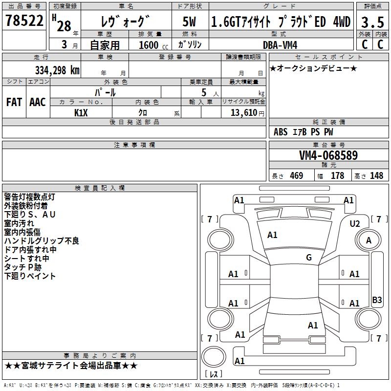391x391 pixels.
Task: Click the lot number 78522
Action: [24, 21]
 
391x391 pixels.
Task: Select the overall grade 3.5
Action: [372, 22]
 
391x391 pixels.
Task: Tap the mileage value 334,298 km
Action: [57, 70]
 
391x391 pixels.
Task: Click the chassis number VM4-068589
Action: [328, 155]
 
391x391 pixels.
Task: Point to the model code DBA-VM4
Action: [280, 45]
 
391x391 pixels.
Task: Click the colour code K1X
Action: [81, 113]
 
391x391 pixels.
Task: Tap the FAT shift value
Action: [14, 102]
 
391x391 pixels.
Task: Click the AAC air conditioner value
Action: [38, 102]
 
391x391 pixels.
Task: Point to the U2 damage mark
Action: [355, 224]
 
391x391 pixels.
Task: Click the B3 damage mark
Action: [377, 300]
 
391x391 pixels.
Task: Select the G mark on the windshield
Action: [309, 257]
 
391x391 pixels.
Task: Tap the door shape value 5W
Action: [189, 22]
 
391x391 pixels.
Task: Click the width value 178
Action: [337, 175]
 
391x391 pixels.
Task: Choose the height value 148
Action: [376, 175]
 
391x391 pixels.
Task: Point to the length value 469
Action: [297, 175]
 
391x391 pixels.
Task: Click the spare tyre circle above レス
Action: [214, 356]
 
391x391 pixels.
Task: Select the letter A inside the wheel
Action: [369, 240]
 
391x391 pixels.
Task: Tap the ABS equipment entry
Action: [281, 132]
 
